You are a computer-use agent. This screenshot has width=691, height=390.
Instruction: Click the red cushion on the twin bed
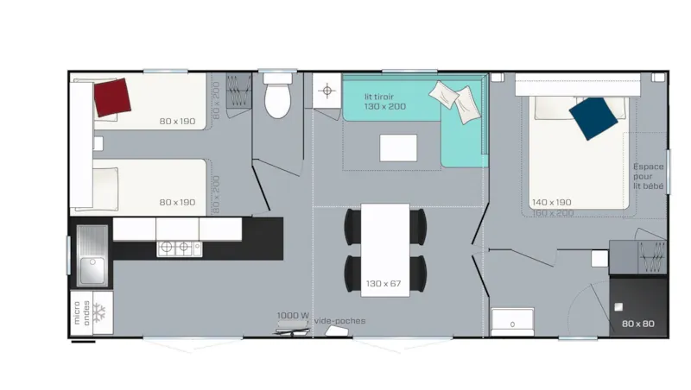[112, 97]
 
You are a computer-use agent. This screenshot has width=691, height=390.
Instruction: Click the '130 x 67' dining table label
[384, 283]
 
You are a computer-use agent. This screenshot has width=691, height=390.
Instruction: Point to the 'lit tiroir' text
[379, 97]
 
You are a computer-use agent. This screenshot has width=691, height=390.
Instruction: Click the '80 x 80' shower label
[638, 324]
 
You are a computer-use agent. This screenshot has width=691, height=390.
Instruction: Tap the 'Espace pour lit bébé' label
[649, 176]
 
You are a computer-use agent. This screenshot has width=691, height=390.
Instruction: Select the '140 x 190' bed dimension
[551, 202]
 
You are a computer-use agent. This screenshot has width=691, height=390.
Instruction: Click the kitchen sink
[92, 256]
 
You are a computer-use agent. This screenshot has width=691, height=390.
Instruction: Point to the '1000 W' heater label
[294, 315]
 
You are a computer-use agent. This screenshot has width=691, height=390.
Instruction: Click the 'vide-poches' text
[339, 321]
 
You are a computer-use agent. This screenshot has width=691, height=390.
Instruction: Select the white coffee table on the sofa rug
[397, 147]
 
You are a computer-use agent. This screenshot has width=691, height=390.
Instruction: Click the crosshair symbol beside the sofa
[326, 91]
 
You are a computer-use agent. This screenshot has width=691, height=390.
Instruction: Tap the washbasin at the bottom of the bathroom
[512, 322]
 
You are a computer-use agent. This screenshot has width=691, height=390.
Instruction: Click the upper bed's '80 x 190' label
[177, 121]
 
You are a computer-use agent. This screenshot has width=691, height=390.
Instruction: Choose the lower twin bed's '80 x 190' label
[177, 202]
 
